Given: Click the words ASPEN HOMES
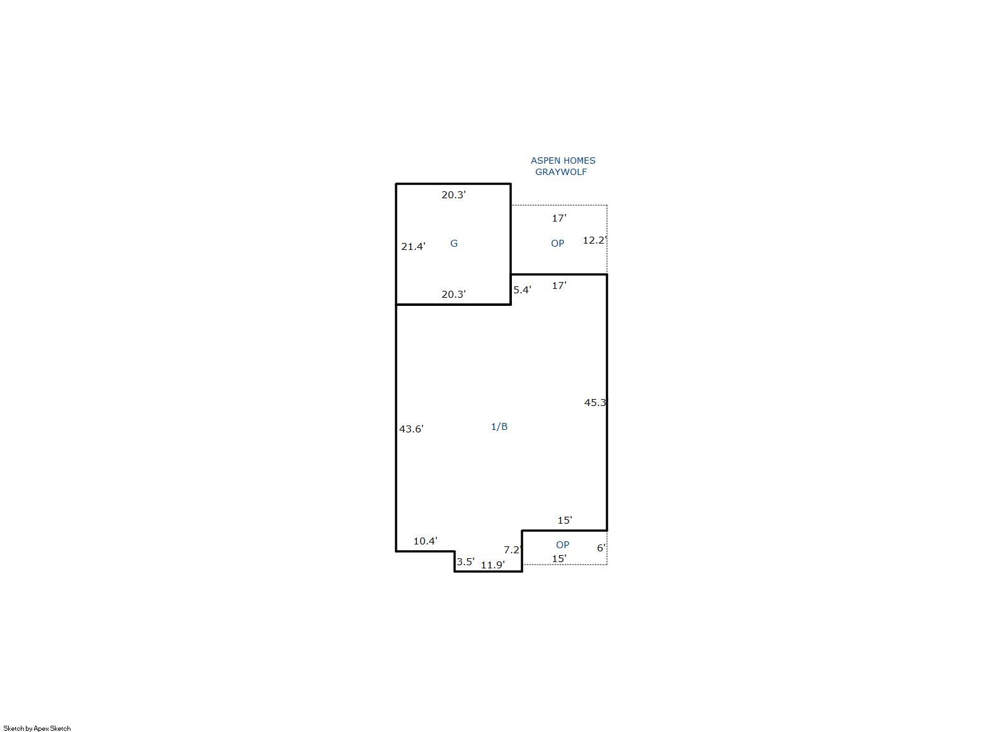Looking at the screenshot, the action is pyautogui.click(x=563, y=160).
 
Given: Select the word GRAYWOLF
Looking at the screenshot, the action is pyautogui.click(x=561, y=172).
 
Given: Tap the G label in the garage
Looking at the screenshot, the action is pyautogui.click(x=453, y=243).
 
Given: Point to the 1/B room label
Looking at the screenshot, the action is pyautogui.click(x=499, y=427).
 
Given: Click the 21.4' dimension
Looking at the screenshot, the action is pyautogui.click(x=413, y=246).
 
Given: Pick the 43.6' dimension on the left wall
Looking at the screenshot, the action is pyautogui.click(x=411, y=429).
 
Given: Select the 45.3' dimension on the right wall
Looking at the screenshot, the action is pyautogui.click(x=596, y=403).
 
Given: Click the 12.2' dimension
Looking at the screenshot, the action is pyautogui.click(x=595, y=240).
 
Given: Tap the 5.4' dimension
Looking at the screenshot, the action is pyautogui.click(x=522, y=290).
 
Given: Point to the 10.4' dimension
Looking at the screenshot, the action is pyautogui.click(x=426, y=541).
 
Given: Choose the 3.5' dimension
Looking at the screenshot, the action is pyautogui.click(x=465, y=562).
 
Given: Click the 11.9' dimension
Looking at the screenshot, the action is pyautogui.click(x=493, y=565).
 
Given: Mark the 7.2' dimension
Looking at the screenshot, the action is pyautogui.click(x=513, y=550).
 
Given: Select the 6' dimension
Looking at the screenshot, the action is pyautogui.click(x=601, y=548).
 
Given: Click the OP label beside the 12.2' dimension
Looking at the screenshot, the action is pyautogui.click(x=557, y=243).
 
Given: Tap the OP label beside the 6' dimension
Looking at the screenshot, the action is pyautogui.click(x=562, y=544).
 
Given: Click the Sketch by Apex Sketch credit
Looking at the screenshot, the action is pyautogui.click(x=37, y=728).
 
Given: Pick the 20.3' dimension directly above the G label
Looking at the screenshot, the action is pyautogui.click(x=453, y=194).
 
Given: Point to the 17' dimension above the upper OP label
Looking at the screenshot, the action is pyautogui.click(x=559, y=218).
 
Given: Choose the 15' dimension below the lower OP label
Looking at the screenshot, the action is pyautogui.click(x=559, y=559).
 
